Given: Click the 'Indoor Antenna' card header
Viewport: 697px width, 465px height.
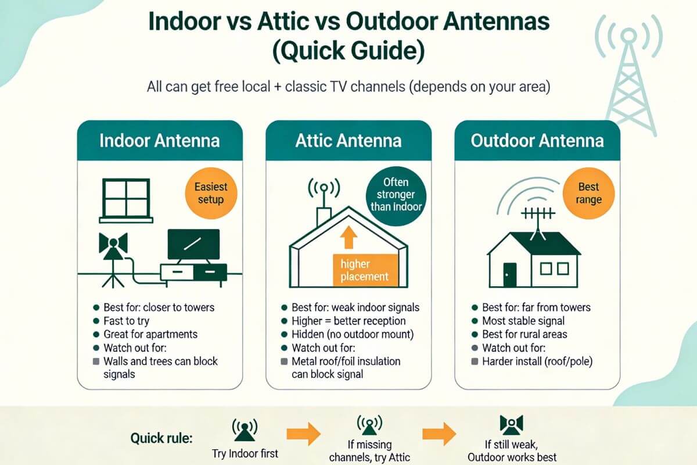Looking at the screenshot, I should point(159,141).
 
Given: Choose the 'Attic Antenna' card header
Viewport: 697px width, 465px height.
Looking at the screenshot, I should point(348,141).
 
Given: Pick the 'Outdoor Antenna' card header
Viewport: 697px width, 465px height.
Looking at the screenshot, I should point(537,141).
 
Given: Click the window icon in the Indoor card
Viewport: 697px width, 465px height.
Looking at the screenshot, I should point(127,199).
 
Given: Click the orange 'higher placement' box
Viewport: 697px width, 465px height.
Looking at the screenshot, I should point(364,270).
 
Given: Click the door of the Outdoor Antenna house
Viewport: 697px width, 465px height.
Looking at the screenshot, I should point(509,274).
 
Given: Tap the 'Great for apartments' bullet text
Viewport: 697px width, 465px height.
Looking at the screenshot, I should point(150,334).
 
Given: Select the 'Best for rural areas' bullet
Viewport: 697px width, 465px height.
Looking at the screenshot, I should point(524,334).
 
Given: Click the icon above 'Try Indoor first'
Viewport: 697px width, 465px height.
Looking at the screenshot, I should point(245,429).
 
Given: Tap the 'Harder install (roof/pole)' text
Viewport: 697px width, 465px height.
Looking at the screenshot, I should point(537,361).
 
